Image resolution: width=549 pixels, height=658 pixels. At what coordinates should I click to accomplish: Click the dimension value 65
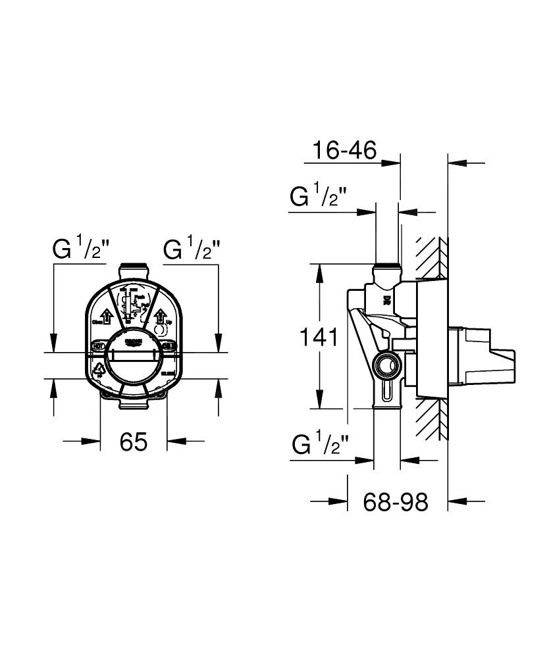point(134,442)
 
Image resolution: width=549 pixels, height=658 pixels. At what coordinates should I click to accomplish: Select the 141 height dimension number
point(319,338)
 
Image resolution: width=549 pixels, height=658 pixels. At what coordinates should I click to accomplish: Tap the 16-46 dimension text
point(344,151)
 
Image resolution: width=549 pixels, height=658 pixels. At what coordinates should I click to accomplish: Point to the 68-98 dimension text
point(396,503)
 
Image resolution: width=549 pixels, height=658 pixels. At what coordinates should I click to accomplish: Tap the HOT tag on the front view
point(98,345)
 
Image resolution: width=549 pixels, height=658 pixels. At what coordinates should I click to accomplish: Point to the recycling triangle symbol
point(100,370)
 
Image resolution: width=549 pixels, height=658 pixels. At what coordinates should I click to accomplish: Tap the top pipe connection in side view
point(386,270)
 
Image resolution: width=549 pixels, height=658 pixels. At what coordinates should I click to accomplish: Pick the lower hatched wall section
point(432,418)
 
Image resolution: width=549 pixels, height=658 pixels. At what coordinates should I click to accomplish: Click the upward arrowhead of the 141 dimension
point(320,270)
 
